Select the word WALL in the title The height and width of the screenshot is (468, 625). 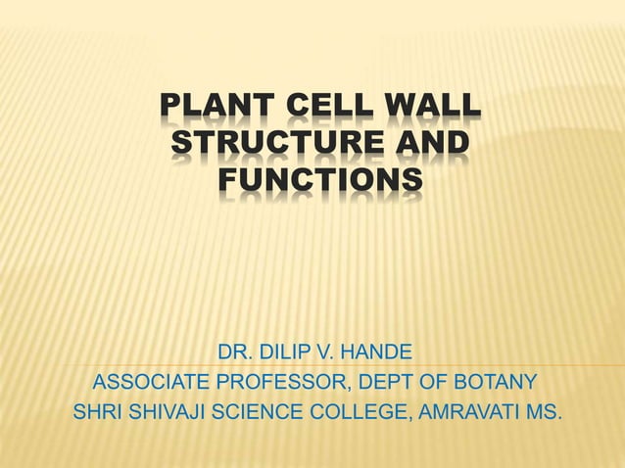click(423, 108)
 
